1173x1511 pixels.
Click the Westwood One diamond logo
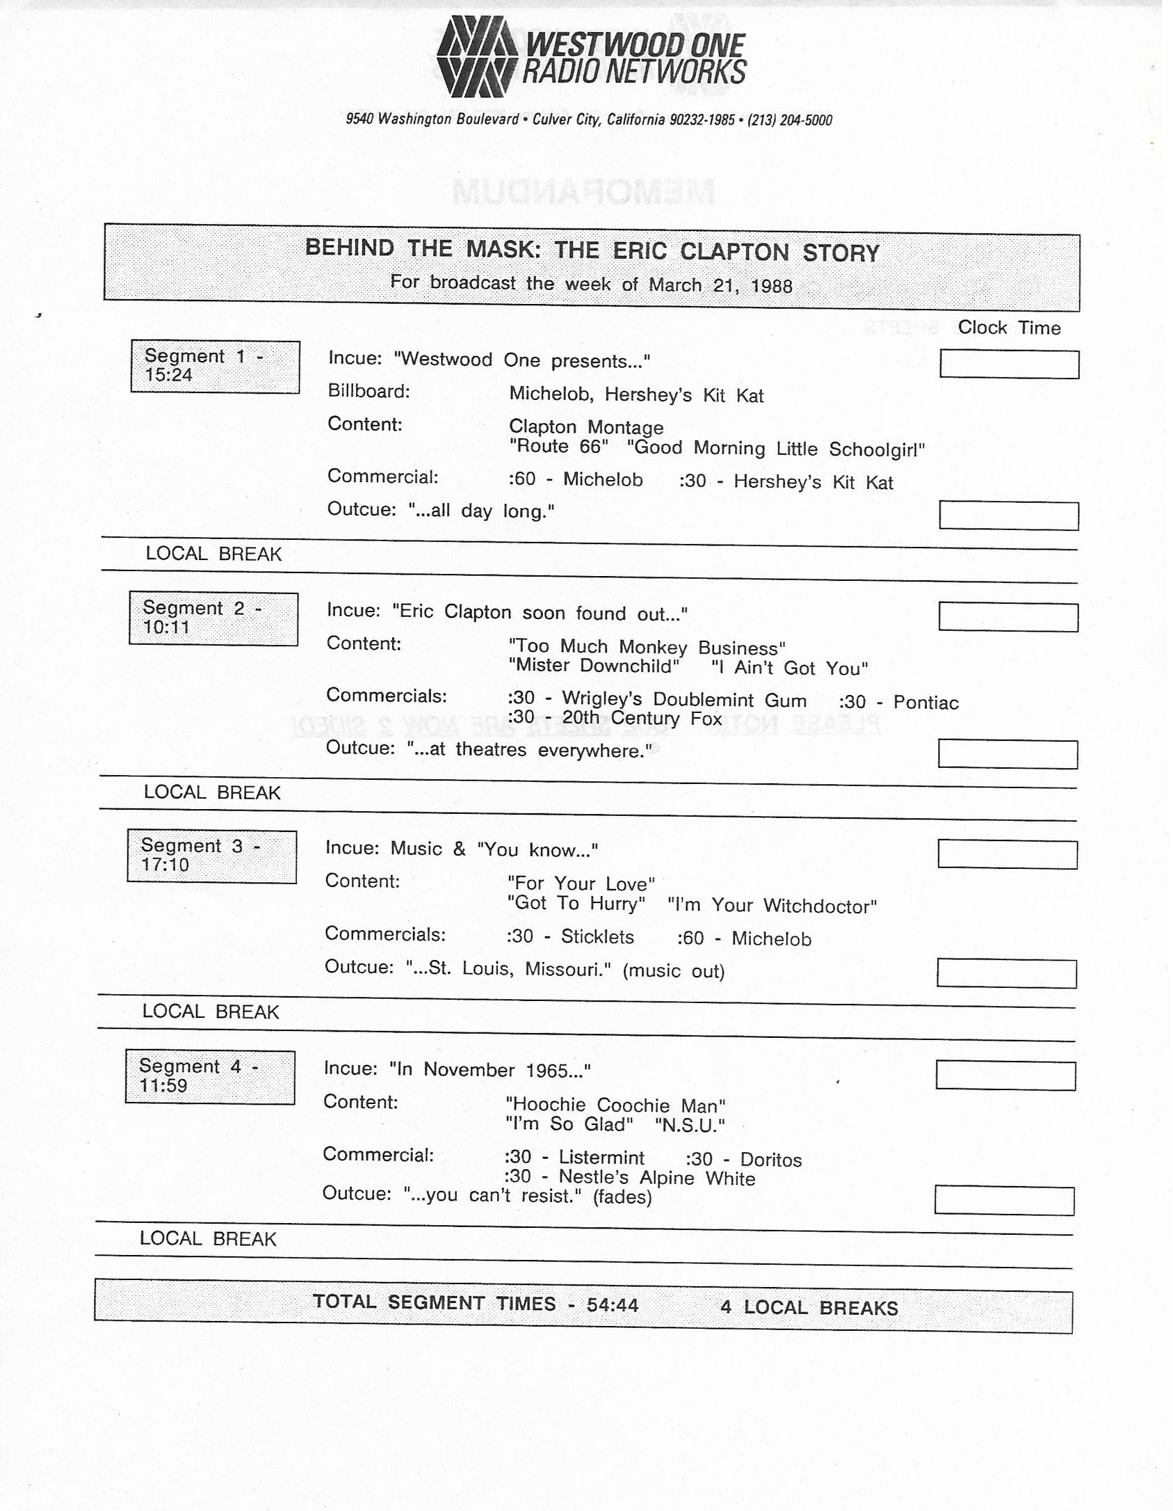[x=477, y=57]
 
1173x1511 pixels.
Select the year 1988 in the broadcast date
[x=771, y=286]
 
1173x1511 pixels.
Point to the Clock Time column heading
[x=1009, y=328]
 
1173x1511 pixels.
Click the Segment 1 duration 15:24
[x=168, y=376]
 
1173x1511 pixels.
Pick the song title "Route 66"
[x=558, y=447]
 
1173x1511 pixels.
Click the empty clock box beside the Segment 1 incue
[x=1009, y=364]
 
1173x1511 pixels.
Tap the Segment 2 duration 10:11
[x=166, y=627]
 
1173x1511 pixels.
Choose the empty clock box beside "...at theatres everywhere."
[x=1008, y=754]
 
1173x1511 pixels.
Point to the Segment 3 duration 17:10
[x=165, y=865]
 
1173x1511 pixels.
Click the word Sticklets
[x=597, y=936]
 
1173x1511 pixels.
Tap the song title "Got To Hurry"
[x=576, y=904]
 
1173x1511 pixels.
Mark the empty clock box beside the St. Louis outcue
[x=1006, y=973]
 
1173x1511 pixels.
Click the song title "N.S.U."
[x=690, y=1125]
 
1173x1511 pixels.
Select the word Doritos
[x=770, y=1160]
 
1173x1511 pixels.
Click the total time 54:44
[x=612, y=1304]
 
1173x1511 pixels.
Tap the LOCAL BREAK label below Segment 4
[x=208, y=1238]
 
